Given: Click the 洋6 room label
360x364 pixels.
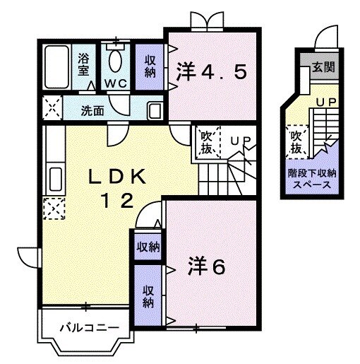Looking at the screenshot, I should point(206,266).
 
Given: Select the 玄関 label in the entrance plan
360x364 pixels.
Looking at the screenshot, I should point(323,69).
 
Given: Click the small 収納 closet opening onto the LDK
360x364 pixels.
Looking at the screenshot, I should point(148,247).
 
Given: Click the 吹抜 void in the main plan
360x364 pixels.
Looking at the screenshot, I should point(207,142).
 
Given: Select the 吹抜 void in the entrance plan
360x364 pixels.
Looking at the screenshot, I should point(295,142).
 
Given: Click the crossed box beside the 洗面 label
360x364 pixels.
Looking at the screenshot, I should point(51,110).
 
